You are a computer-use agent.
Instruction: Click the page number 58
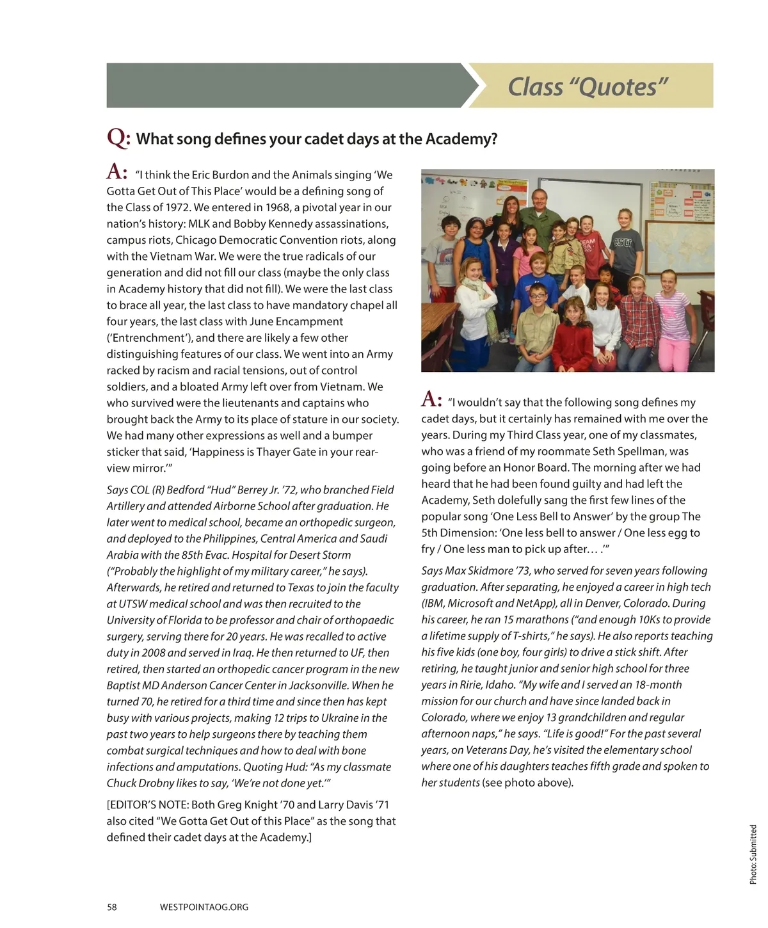(112, 907)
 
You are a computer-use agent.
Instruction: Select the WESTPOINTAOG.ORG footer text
(204, 907)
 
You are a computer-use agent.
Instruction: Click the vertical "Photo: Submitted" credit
(753, 854)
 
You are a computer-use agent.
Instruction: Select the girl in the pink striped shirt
(668, 307)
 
